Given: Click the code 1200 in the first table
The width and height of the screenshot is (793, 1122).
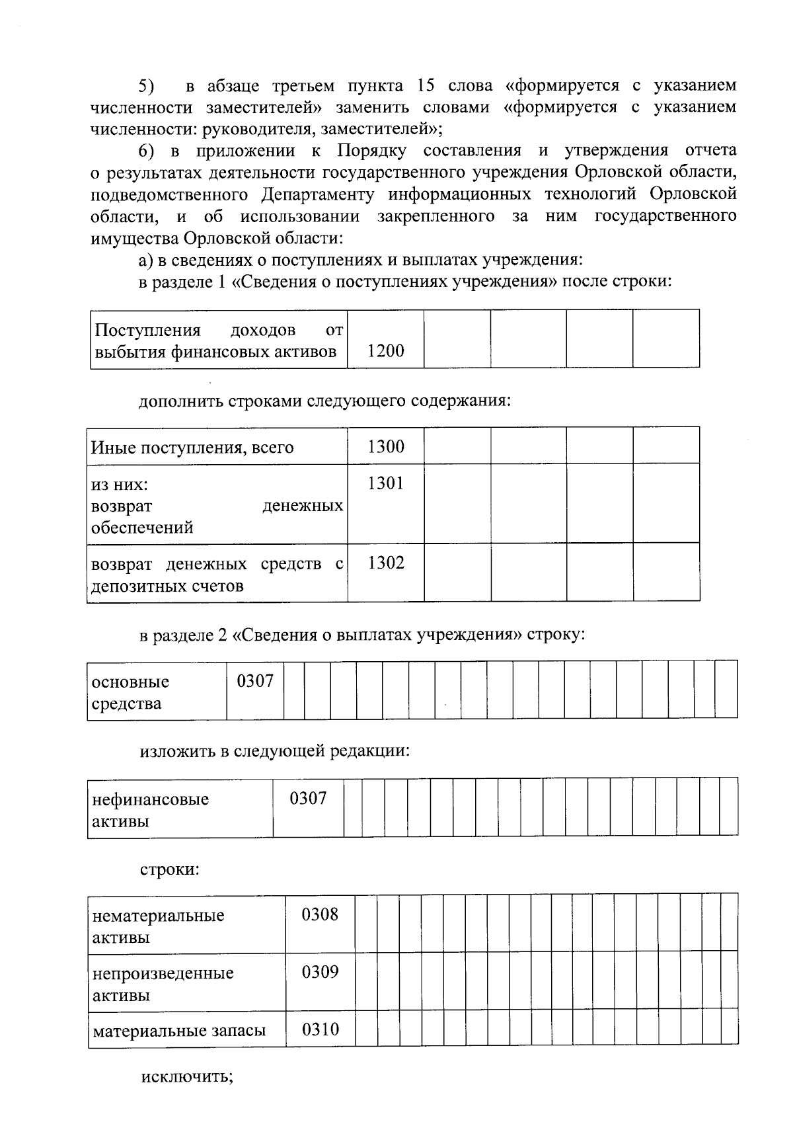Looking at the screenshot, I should coord(385,351).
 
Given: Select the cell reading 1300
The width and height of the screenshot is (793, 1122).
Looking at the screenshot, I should coord(385,447).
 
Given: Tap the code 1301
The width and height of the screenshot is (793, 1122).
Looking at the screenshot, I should coord(385,483).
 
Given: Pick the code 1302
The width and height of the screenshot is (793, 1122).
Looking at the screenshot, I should coord(385,563).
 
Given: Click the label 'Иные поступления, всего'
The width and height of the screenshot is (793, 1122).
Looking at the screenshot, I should coord(192,448).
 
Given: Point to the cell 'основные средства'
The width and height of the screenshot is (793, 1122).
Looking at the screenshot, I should coord(130,692).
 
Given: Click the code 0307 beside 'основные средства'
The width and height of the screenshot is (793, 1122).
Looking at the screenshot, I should coord(255,681).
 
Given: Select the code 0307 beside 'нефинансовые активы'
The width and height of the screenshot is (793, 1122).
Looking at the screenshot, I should coord(308,798).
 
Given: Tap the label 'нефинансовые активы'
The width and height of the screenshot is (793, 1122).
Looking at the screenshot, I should coord(151,810).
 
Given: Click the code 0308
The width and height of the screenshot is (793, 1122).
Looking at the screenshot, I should coord(320,914).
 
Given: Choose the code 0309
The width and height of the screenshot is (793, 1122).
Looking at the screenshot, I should coord(320,972).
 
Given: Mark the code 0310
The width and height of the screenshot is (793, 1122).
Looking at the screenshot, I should coord(320,1029).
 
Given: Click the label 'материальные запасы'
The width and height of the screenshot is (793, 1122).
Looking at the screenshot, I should coord(179,1031).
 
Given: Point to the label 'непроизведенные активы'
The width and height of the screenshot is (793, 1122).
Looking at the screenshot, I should coord(163,984).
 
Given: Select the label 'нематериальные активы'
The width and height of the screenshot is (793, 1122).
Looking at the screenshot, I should coord(159,926).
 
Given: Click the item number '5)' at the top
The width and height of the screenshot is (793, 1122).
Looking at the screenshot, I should coord(146,86).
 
